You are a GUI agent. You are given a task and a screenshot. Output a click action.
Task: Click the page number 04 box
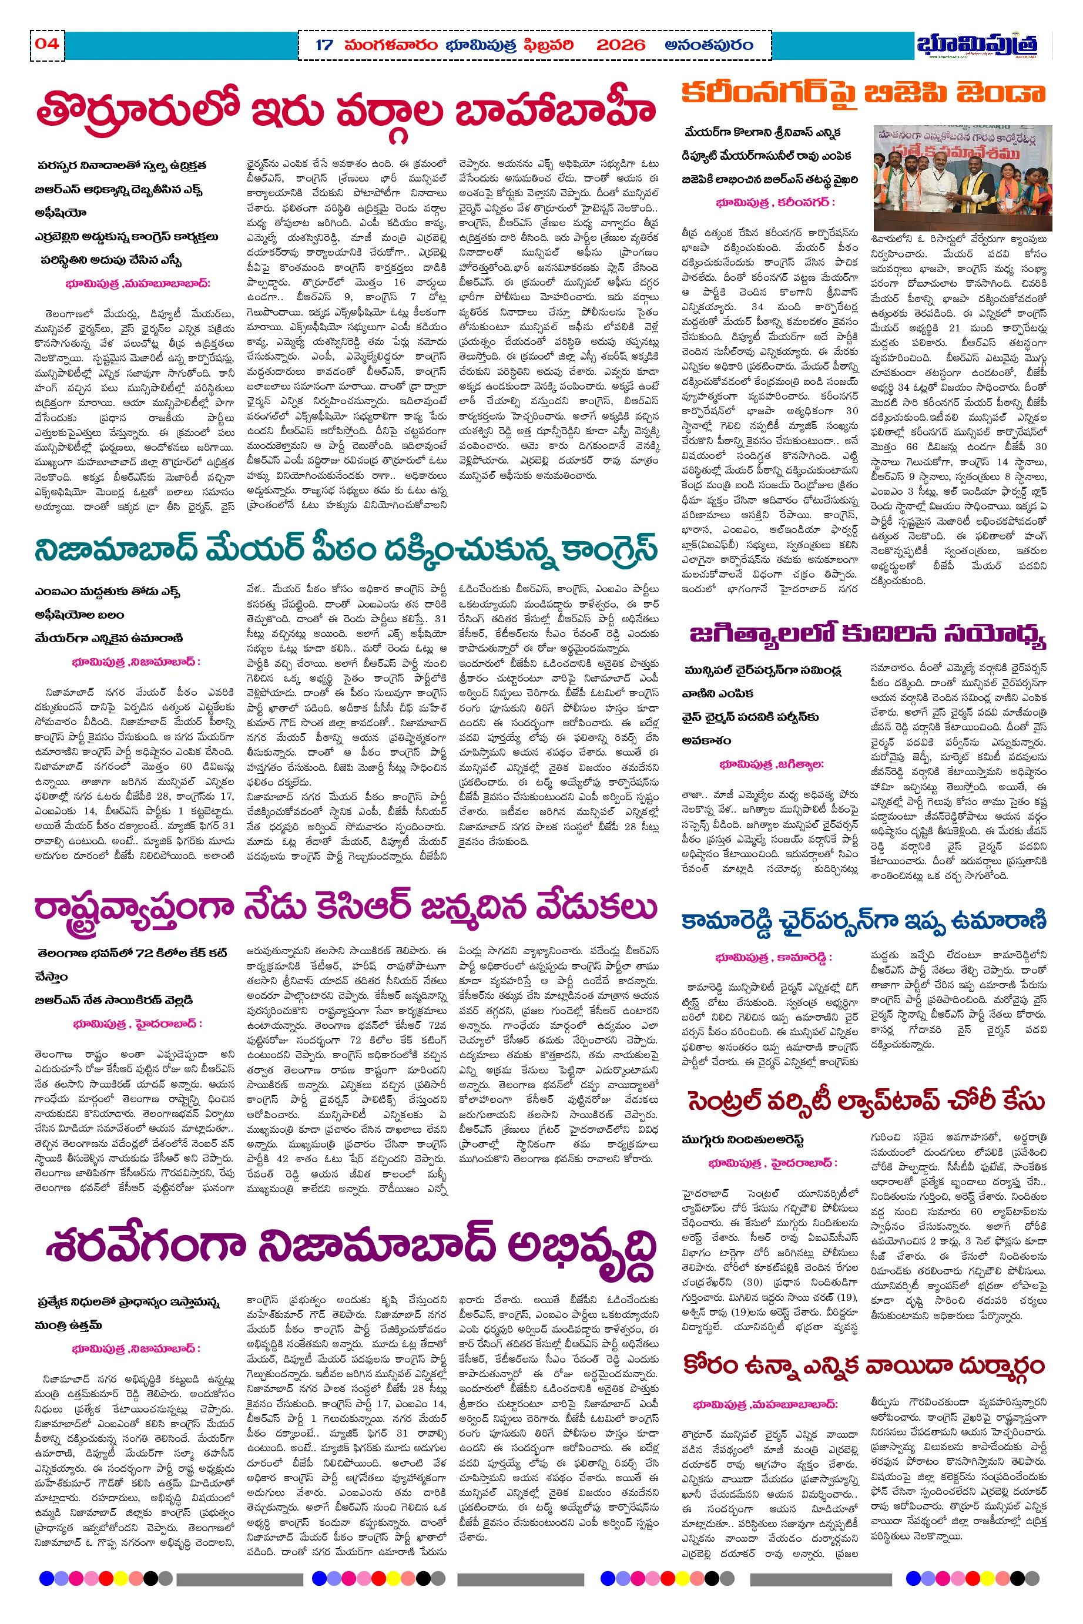pos(47,44)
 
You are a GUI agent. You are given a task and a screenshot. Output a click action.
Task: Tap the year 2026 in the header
pos(620,46)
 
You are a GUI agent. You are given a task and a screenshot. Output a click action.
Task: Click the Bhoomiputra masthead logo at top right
pos(977,44)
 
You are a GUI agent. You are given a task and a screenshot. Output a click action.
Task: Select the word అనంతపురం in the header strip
pos(709,46)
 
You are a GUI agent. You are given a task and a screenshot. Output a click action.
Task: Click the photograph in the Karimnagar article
pos(962,177)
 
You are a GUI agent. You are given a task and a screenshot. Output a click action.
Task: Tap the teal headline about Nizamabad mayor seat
pos(346,549)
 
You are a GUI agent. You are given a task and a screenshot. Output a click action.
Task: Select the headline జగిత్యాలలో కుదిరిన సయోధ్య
pos(867,634)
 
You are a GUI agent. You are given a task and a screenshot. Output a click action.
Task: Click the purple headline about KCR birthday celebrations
pos(346,907)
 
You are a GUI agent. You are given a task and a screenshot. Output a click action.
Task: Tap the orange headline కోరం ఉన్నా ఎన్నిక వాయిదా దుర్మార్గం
pos(863,1365)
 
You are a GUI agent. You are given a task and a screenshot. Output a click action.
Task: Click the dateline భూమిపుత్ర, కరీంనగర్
pos(776,202)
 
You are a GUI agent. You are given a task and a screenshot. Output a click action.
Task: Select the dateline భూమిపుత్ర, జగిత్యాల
pos(772,764)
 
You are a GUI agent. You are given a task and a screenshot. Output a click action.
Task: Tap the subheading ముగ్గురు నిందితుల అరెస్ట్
pos(743,1139)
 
